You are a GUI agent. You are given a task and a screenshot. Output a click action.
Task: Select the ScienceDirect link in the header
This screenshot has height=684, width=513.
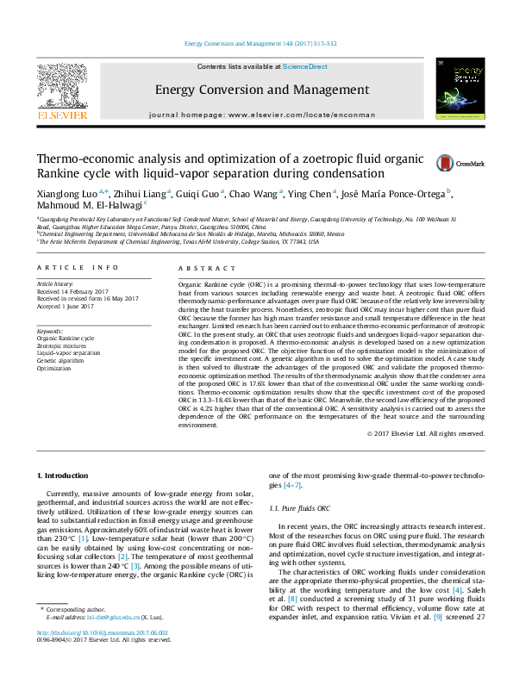(304, 66)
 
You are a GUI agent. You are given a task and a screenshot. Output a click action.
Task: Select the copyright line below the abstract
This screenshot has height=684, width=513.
(426, 433)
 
